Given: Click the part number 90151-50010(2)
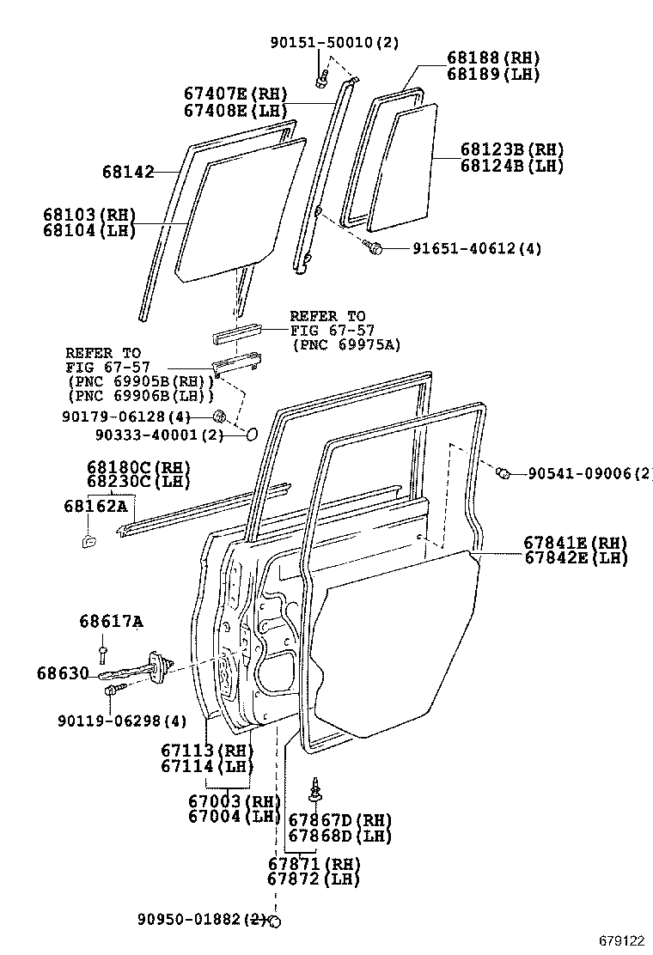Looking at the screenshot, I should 333,42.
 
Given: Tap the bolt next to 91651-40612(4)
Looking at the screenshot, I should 374,248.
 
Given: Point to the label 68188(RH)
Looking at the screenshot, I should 492,58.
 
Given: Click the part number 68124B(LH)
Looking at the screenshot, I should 511,165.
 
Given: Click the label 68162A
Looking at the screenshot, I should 95,506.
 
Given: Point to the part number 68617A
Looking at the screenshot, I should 111,622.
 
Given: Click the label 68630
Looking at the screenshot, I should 62,673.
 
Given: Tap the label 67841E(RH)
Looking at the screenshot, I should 575,543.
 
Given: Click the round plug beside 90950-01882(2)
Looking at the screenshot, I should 275,921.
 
